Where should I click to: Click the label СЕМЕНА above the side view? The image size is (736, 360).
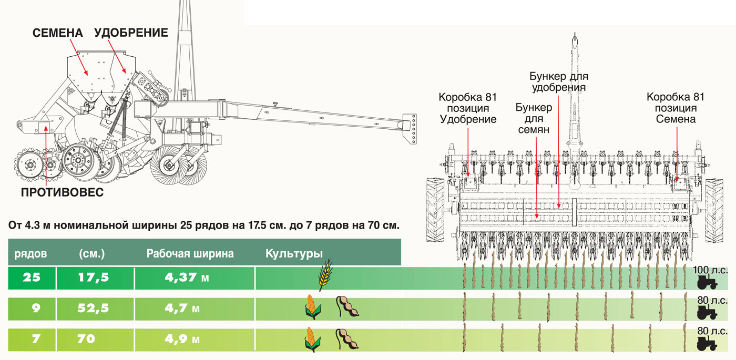(x=58, y=33)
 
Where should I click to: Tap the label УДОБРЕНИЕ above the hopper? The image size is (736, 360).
(x=131, y=33)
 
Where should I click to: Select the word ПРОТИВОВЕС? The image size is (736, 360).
(x=62, y=192)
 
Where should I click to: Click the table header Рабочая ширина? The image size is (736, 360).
(x=190, y=254)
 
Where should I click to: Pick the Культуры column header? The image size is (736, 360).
(x=294, y=254)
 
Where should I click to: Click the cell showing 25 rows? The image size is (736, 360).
(x=32, y=277)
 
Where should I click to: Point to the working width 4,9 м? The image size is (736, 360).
(x=182, y=340)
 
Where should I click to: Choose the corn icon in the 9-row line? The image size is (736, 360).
(x=313, y=308)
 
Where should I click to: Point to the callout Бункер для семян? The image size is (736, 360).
(x=534, y=119)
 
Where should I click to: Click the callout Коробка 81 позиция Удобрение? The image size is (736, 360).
(x=468, y=108)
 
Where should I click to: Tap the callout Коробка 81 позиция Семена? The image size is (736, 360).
(x=676, y=108)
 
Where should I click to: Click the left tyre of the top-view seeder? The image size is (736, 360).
(x=435, y=210)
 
